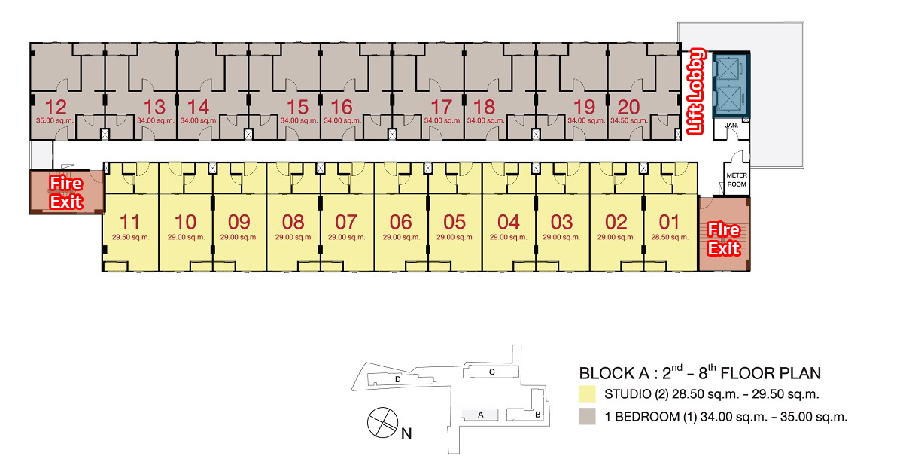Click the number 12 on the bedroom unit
[56, 107]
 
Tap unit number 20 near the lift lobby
[628, 107]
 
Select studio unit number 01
[669, 222]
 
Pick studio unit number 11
[129, 222]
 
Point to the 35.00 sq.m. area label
[55, 120]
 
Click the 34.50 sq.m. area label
[629, 120]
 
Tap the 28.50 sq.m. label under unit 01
[670, 237]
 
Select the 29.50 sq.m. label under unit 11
[131, 237]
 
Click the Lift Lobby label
[696, 91]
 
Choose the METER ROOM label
[737, 180]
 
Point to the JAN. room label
[731, 126]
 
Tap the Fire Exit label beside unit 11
[66, 193]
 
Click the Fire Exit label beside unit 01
[724, 239]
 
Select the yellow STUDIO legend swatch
[587, 393]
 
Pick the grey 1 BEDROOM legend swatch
[587, 416]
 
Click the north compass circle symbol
[382, 422]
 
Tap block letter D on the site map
[398, 379]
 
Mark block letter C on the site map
[492, 372]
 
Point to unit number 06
[400, 222]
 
